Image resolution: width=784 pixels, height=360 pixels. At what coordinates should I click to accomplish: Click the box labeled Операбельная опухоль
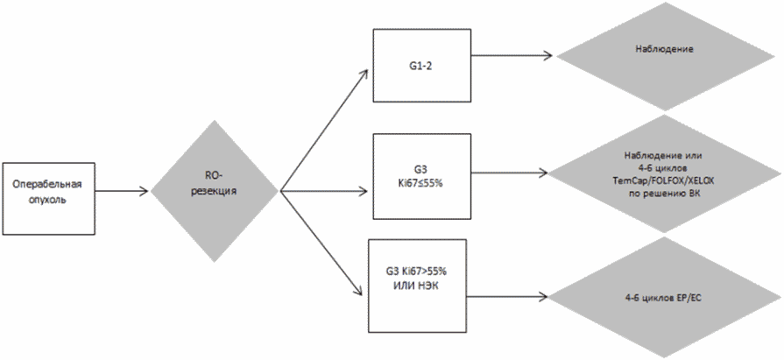[x=47, y=198]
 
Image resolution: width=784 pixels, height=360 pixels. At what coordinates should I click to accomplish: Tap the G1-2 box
[x=422, y=64]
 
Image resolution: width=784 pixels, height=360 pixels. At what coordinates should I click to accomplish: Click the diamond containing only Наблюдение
[x=665, y=50]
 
